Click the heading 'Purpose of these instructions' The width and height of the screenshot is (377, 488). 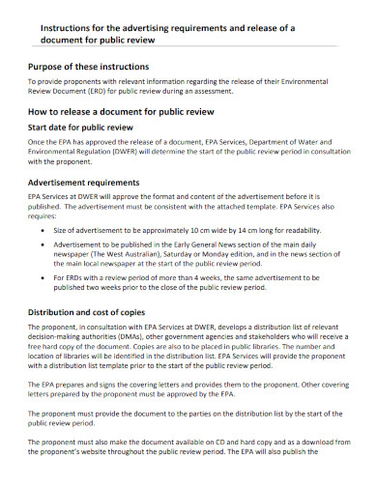[102, 66]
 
